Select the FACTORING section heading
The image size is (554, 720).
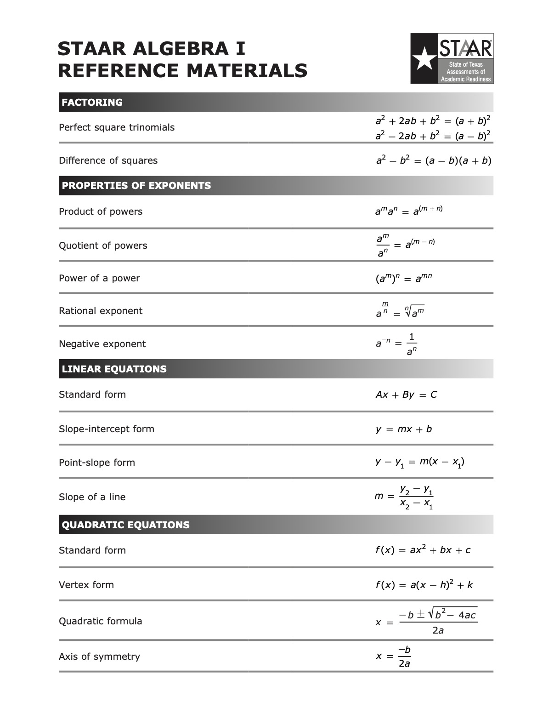click(92, 102)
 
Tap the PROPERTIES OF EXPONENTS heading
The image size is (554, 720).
click(136, 185)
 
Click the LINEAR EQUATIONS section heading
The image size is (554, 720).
click(114, 369)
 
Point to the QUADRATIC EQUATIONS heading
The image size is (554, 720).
click(125, 525)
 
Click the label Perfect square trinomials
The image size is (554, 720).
click(117, 127)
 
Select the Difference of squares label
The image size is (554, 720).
click(108, 160)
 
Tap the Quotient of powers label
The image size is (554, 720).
click(103, 246)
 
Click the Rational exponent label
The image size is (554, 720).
click(101, 311)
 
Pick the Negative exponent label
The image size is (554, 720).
click(102, 344)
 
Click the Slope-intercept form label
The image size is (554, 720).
click(107, 429)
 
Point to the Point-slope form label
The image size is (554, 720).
click(97, 463)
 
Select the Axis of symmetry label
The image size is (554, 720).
click(99, 657)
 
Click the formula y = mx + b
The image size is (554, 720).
click(404, 429)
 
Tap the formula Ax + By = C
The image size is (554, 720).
click(406, 394)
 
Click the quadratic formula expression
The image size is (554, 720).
click(426, 622)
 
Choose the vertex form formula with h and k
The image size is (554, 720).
click(424, 585)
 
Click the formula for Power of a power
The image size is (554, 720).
click(404, 278)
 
